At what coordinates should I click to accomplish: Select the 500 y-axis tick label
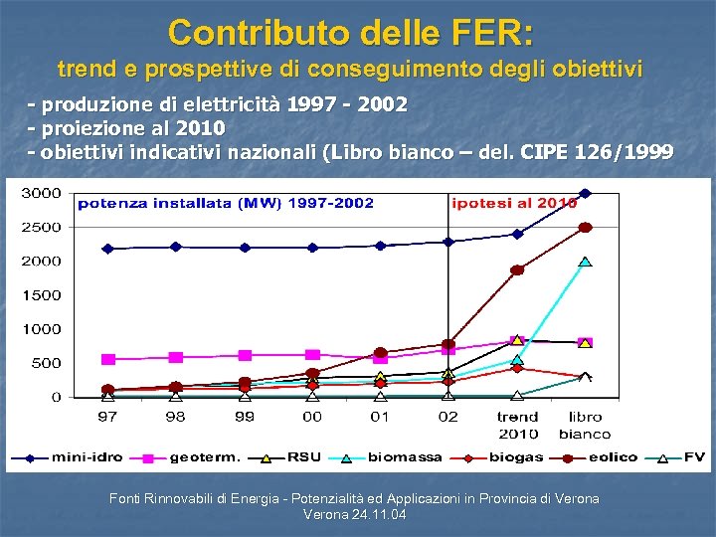point(46,363)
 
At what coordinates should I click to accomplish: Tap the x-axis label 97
point(106,417)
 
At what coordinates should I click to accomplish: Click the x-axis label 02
point(447,417)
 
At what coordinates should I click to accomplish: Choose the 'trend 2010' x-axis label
point(517,425)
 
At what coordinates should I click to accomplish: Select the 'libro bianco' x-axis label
point(585,425)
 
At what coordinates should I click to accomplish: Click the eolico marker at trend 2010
point(517,269)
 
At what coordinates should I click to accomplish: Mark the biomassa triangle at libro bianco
point(585,262)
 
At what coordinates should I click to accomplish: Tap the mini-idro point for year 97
point(107,249)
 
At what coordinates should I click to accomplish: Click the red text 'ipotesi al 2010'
point(514,204)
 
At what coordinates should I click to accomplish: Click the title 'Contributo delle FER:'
point(351,32)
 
